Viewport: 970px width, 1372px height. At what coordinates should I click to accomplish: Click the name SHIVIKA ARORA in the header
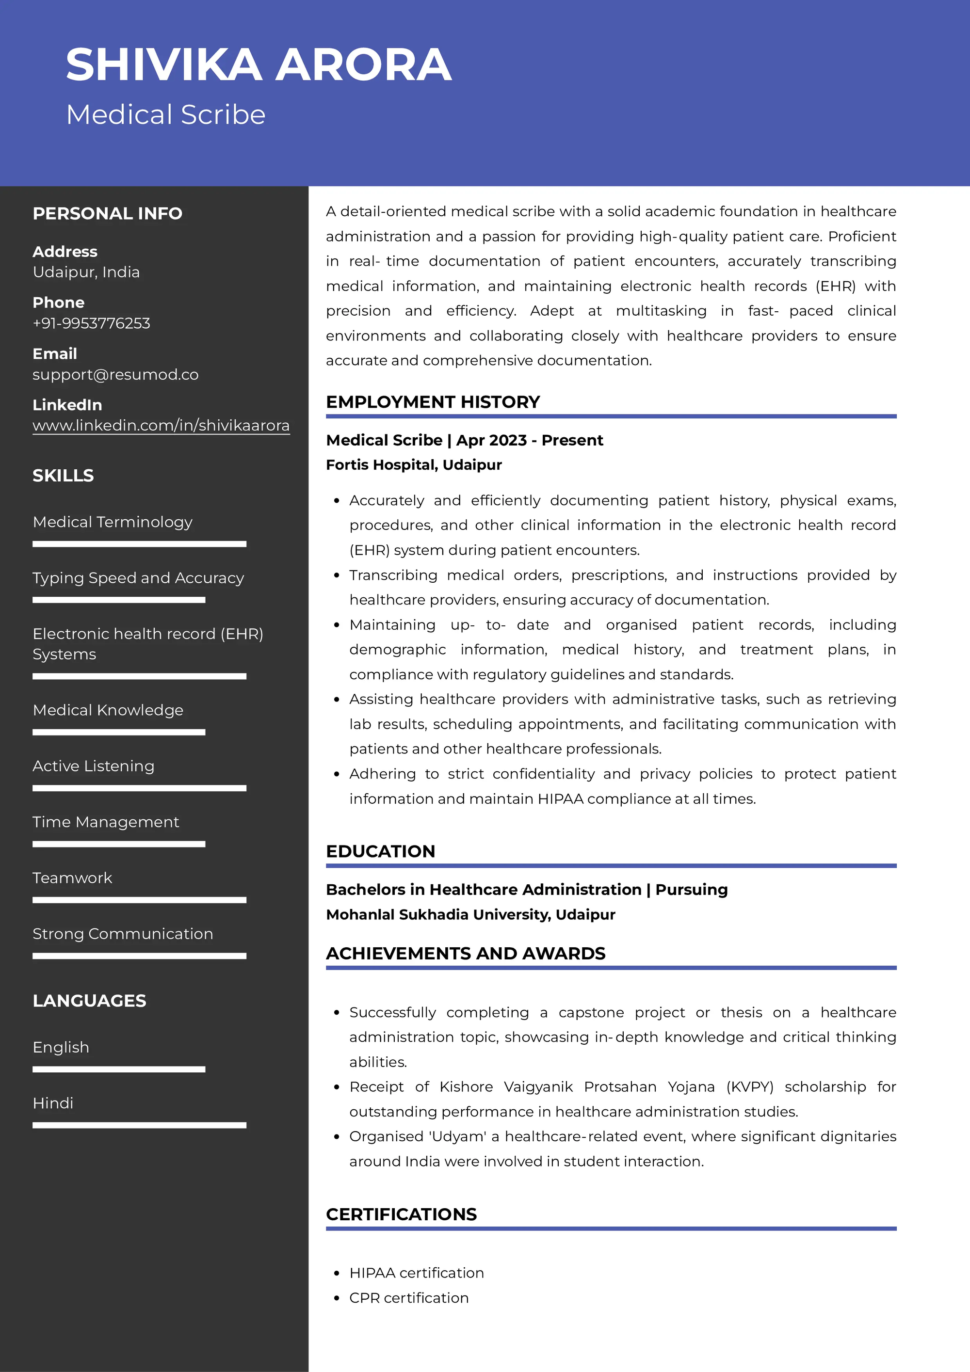(258, 64)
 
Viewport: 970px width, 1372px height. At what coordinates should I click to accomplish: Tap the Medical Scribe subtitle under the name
(165, 115)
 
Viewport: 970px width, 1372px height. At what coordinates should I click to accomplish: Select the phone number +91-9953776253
(92, 323)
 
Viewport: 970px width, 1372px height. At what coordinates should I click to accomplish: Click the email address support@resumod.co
(115, 375)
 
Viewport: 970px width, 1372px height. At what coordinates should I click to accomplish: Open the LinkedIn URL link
(161, 426)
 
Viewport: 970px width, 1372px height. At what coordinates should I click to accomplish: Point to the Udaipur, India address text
(86, 272)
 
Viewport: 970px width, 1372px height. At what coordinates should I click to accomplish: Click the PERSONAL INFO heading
(108, 213)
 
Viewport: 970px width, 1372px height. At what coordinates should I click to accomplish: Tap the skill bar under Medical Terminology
(139, 544)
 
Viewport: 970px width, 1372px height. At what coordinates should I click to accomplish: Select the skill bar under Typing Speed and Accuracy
(119, 599)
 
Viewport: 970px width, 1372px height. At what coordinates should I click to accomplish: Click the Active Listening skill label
(93, 766)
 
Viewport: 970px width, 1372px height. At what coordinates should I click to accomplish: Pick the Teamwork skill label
(72, 878)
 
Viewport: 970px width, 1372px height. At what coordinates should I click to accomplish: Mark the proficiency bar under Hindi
(139, 1125)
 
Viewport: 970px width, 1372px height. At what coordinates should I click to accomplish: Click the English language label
(61, 1048)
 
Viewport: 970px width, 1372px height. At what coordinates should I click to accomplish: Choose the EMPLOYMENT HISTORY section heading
(433, 402)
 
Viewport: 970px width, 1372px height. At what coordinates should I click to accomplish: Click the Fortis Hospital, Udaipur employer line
(414, 465)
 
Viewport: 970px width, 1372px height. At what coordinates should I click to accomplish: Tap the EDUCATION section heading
(380, 851)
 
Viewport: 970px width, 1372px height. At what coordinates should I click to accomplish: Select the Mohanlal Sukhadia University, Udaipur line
(470, 915)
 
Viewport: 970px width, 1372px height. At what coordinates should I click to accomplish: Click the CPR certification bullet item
(409, 1298)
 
